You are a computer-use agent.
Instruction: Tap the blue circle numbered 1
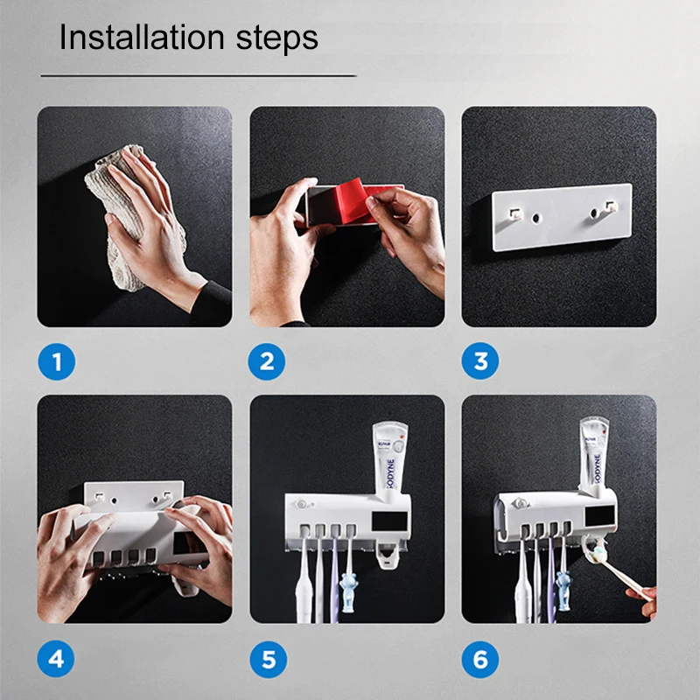pyautogui.click(x=57, y=360)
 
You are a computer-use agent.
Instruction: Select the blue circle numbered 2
pyautogui.click(x=268, y=360)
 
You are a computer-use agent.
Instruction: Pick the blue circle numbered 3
pyautogui.click(x=480, y=360)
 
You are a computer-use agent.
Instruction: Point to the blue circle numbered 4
pyautogui.click(x=57, y=657)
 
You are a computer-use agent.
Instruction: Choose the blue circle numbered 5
pyautogui.click(x=268, y=657)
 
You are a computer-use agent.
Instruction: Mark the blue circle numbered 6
pyautogui.click(x=480, y=657)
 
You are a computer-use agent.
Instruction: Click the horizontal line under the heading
pyautogui.click(x=199, y=76)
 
